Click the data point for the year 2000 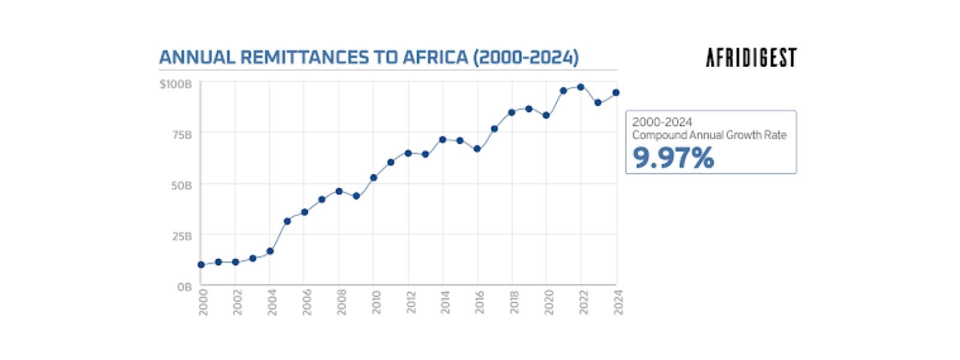pyautogui.click(x=201, y=265)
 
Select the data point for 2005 pyautogui.click(x=287, y=221)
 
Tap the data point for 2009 pyautogui.click(x=356, y=196)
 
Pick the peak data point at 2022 pyautogui.click(x=581, y=87)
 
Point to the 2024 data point pyautogui.click(x=616, y=93)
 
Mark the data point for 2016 pyautogui.click(x=477, y=149)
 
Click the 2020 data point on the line pyautogui.click(x=546, y=115)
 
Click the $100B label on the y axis pyautogui.click(x=175, y=84)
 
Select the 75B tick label pyautogui.click(x=181, y=135)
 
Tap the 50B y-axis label pyautogui.click(x=181, y=185)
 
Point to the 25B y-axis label pyautogui.click(x=181, y=236)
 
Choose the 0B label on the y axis pyautogui.click(x=184, y=287)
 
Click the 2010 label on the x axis pyautogui.click(x=376, y=302)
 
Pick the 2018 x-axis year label pyautogui.click(x=515, y=302)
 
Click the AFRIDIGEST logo pyautogui.click(x=751, y=58)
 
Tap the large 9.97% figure pyautogui.click(x=673, y=158)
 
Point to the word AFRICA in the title pyautogui.click(x=434, y=58)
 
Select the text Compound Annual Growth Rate pyautogui.click(x=709, y=135)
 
